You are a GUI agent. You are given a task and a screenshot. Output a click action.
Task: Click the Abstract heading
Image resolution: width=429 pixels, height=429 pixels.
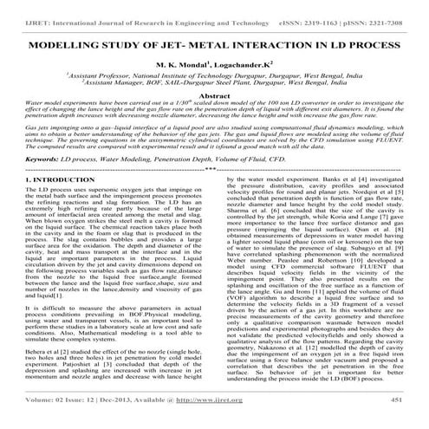tap(214, 97)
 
